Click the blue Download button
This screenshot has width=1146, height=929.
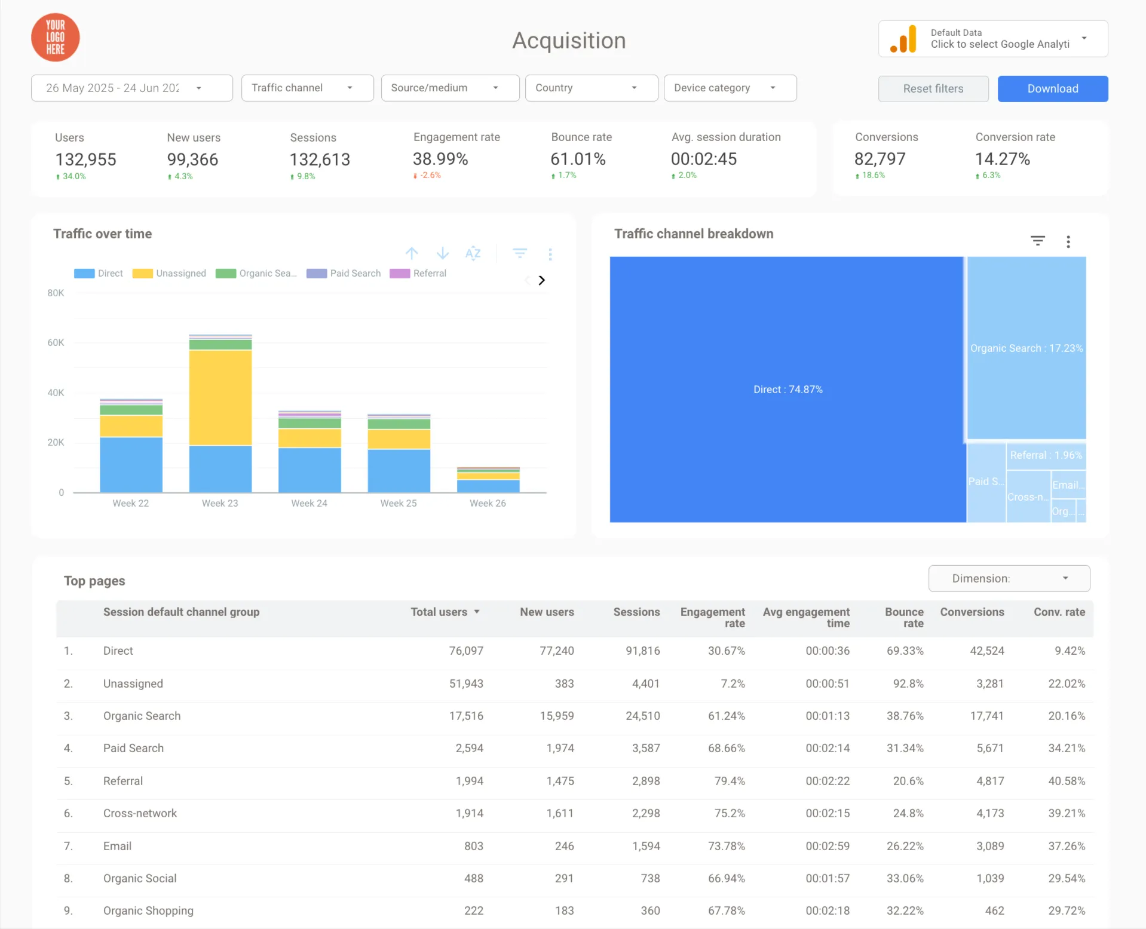tap(1052, 88)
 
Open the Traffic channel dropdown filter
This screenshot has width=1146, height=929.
tap(307, 88)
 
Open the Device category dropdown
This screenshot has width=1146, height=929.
tap(730, 88)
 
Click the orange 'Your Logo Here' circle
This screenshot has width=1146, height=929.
tap(56, 38)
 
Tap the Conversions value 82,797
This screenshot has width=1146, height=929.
tap(880, 159)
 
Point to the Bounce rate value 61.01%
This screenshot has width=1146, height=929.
tap(578, 159)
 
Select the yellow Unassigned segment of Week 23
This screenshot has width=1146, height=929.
tap(220, 397)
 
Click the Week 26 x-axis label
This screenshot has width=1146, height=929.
tap(488, 503)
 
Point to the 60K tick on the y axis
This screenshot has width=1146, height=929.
tap(56, 342)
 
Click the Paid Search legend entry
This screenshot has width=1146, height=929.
tap(344, 273)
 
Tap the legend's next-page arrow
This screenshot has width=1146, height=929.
tap(541, 280)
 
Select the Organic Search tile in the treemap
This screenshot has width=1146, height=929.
tap(1026, 348)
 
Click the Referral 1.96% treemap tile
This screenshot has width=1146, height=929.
tap(1046, 455)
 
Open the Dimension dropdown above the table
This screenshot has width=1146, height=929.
tap(1009, 578)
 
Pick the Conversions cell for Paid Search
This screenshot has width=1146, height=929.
tap(990, 748)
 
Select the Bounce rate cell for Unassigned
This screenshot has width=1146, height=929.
tap(908, 683)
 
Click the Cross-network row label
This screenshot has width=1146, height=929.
tap(140, 813)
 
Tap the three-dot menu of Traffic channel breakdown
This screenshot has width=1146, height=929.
tap(1068, 241)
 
